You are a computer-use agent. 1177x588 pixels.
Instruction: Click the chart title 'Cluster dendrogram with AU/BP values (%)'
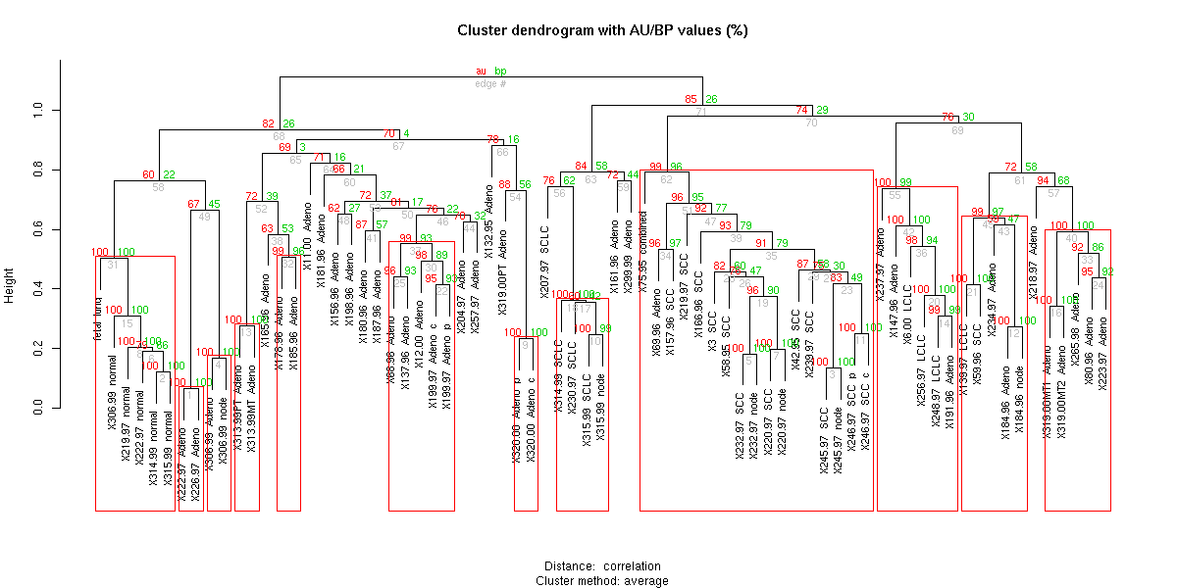pos(602,30)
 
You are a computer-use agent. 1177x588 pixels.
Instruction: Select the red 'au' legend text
pos(481,72)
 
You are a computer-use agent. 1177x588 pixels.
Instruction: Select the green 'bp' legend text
pos(500,72)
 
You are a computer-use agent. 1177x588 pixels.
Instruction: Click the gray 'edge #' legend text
pos(490,84)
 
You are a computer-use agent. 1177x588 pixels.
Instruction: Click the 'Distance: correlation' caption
pos(602,566)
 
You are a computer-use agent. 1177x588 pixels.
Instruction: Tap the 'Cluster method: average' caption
pos(602,580)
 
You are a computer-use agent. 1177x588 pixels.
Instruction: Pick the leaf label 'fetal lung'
pos(98,318)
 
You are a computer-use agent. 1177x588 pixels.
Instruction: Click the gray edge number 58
pos(158,186)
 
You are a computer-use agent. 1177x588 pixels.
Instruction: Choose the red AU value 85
pos(691,100)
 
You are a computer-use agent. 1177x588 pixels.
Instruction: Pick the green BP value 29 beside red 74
pos(822,111)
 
